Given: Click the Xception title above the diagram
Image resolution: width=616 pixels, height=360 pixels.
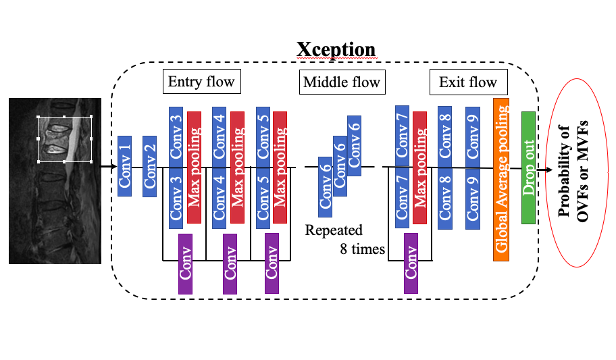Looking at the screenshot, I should point(336,49).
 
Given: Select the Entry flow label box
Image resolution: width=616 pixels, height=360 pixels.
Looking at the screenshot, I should point(201,82).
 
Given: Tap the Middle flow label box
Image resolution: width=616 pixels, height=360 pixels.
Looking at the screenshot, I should point(341,83).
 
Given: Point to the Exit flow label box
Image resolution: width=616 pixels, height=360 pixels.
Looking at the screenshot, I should point(467,83).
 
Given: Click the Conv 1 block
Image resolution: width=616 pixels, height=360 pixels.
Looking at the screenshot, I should point(124,165).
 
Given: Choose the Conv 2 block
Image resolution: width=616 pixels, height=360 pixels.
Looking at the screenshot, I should point(149,166).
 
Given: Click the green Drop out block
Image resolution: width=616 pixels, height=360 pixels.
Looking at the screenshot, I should point(528,168).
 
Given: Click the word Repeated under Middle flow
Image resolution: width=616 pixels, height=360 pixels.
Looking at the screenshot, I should point(334,230).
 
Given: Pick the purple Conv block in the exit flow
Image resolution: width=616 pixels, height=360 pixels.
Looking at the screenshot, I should point(411,263).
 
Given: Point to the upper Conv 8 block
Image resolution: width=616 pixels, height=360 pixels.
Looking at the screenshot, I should point(444,132).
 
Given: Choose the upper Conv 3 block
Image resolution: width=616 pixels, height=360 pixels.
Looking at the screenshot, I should point(176,132).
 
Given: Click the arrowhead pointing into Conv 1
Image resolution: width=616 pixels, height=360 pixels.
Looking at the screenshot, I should point(113,166).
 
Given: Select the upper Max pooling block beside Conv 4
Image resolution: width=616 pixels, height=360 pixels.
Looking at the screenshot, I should point(237,137).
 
